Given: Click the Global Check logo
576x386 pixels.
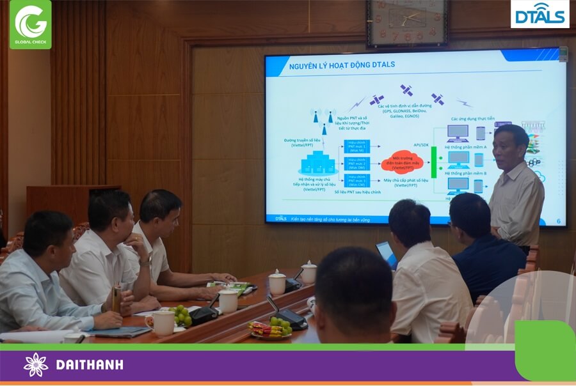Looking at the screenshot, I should [x=30, y=24].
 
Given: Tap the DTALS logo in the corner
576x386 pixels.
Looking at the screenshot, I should [x=540, y=14].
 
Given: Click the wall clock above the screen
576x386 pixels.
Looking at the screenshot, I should [x=406, y=22].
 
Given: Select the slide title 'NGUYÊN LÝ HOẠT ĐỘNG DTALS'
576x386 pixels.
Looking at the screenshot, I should [x=342, y=65].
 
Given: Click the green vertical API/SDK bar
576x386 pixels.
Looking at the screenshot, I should [x=433, y=162].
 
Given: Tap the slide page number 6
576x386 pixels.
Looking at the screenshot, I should [x=558, y=221].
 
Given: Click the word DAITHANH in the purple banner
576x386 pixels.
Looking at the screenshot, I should [x=90, y=365].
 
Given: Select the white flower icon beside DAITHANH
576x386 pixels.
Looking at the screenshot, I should [x=36, y=365].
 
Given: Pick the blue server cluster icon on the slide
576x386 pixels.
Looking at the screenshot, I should [x=317, y=163].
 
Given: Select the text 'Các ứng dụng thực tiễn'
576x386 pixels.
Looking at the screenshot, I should [x=472, y=119].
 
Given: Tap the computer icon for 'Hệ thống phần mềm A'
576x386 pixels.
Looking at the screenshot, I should [x=458, y=133].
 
